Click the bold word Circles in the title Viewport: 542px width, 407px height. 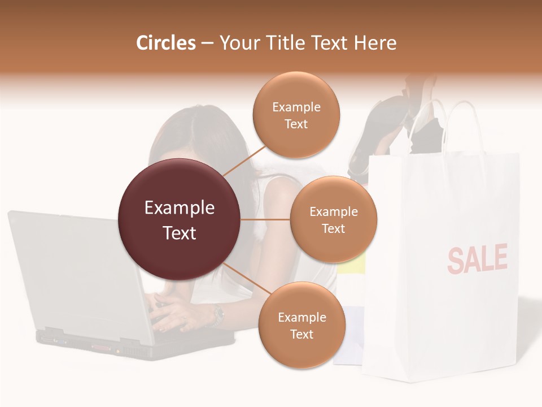[x=165, y=43]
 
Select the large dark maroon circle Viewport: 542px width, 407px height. [x=180, y=219]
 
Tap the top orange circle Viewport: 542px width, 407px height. [x=296, y=115]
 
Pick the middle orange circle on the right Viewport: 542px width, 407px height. [x=334, y=219]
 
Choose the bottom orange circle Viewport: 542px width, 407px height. [x=302, y=325]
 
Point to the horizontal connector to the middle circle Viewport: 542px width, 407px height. [x=265, y=219]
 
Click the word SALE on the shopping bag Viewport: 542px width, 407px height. [x=477, y=258]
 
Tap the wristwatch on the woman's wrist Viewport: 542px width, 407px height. [x=217, y=315]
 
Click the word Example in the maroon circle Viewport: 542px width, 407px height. [x=180, y=208]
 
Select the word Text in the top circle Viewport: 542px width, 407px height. [x=296, y=124]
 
